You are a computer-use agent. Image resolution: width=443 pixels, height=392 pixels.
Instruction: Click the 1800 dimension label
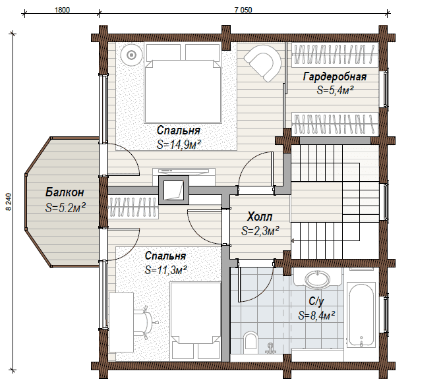[x=62, y=10]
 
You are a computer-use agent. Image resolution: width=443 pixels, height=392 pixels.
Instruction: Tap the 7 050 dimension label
[x=243, y=10]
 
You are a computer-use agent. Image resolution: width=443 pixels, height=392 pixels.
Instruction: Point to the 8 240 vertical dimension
[x=9, y=202]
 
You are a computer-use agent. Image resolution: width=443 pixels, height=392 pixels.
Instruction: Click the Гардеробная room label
[x=335, y=76]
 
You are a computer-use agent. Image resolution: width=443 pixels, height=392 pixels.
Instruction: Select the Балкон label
[x=65, y=192]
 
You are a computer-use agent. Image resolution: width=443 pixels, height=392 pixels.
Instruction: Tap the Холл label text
[x=260, y=217]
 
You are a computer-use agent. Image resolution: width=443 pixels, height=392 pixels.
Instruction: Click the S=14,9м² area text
[x=179, y=145]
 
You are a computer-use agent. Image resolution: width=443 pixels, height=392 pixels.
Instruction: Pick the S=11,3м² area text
[x=165, y=270]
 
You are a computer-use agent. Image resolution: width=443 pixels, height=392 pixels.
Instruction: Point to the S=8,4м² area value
[x=316, y=315]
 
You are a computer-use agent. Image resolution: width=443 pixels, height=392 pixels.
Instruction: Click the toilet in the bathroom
[x=251, y=342]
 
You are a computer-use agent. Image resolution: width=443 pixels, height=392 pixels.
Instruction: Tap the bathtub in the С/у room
[x=361, y=314]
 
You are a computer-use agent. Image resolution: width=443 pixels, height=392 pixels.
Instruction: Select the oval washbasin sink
[x=318, y=279]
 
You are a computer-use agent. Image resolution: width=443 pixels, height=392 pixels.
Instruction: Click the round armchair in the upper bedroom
[x=263, y=63]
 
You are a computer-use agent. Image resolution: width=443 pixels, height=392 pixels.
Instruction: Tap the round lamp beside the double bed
[x=131, y=55]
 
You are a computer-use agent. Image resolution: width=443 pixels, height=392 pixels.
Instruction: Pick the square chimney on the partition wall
[x=174, y=190]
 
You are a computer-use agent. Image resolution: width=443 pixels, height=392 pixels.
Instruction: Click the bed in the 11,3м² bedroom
[x=196, y=321]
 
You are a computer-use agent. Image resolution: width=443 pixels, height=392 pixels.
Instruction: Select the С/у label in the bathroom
[x=316, y=302]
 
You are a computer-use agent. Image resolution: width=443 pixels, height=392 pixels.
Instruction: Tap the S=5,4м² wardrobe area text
[x=336, y=90]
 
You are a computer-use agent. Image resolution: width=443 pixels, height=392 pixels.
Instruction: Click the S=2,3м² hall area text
[x=260, y=231]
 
